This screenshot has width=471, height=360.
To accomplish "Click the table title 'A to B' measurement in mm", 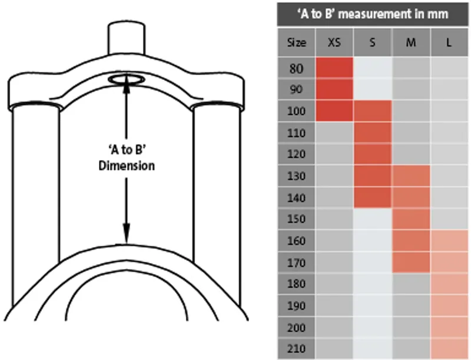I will [x=373, y=14].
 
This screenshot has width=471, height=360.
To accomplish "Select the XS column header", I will [x=334, y=42].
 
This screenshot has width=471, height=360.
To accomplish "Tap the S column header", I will [x=373, y=42].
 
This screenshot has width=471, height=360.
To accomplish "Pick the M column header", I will [x=410, y=42].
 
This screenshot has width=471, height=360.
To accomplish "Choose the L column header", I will [x=449, y=42].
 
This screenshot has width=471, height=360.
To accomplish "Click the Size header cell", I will [x=297, y=42].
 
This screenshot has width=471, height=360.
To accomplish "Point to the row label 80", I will [x=297, y=68].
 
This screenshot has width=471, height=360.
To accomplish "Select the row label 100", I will [x=297, y=111].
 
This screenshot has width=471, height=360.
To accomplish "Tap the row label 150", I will [x=297, y=219].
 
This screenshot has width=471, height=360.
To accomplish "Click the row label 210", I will [x=297, y=349].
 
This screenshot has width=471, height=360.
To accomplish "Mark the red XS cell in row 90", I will [x=334, y=89].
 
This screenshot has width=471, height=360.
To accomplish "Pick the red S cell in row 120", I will [x=373, y=155].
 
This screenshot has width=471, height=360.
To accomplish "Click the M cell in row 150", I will [x=410, y=219].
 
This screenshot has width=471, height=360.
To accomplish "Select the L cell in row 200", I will [x=450, y=327].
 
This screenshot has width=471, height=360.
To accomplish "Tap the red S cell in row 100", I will [x=373, y=111].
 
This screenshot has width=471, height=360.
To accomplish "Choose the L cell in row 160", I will [x=450, y=241].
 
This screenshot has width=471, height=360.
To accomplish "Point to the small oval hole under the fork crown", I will [x=127, y=79].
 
